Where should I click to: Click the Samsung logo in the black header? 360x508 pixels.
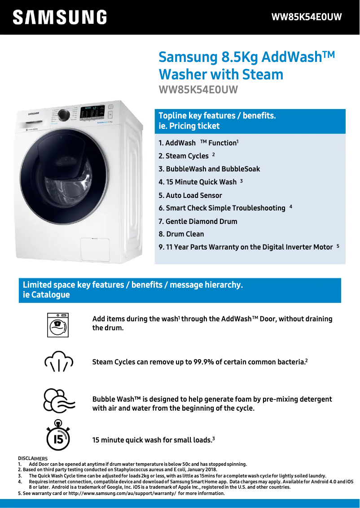[x=60, y=18]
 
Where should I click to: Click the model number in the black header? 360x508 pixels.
[x=307, y=17]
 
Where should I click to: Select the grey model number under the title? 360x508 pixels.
[x=198, y=89]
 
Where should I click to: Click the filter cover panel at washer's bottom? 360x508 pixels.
[x=95, y=250]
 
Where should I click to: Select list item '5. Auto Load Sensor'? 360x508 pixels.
[x=190, y=196]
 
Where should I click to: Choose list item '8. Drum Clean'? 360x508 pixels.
[x=181, y=234]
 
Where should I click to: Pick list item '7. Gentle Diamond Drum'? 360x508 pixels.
[x=198, y=222]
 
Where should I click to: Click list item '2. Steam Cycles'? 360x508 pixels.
[x=184, y=156]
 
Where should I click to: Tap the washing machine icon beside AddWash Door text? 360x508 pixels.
[x=57, y=325]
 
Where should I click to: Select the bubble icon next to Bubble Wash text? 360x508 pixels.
[x=58, y=401]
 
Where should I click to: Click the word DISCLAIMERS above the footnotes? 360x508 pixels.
[x=33, y=458]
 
